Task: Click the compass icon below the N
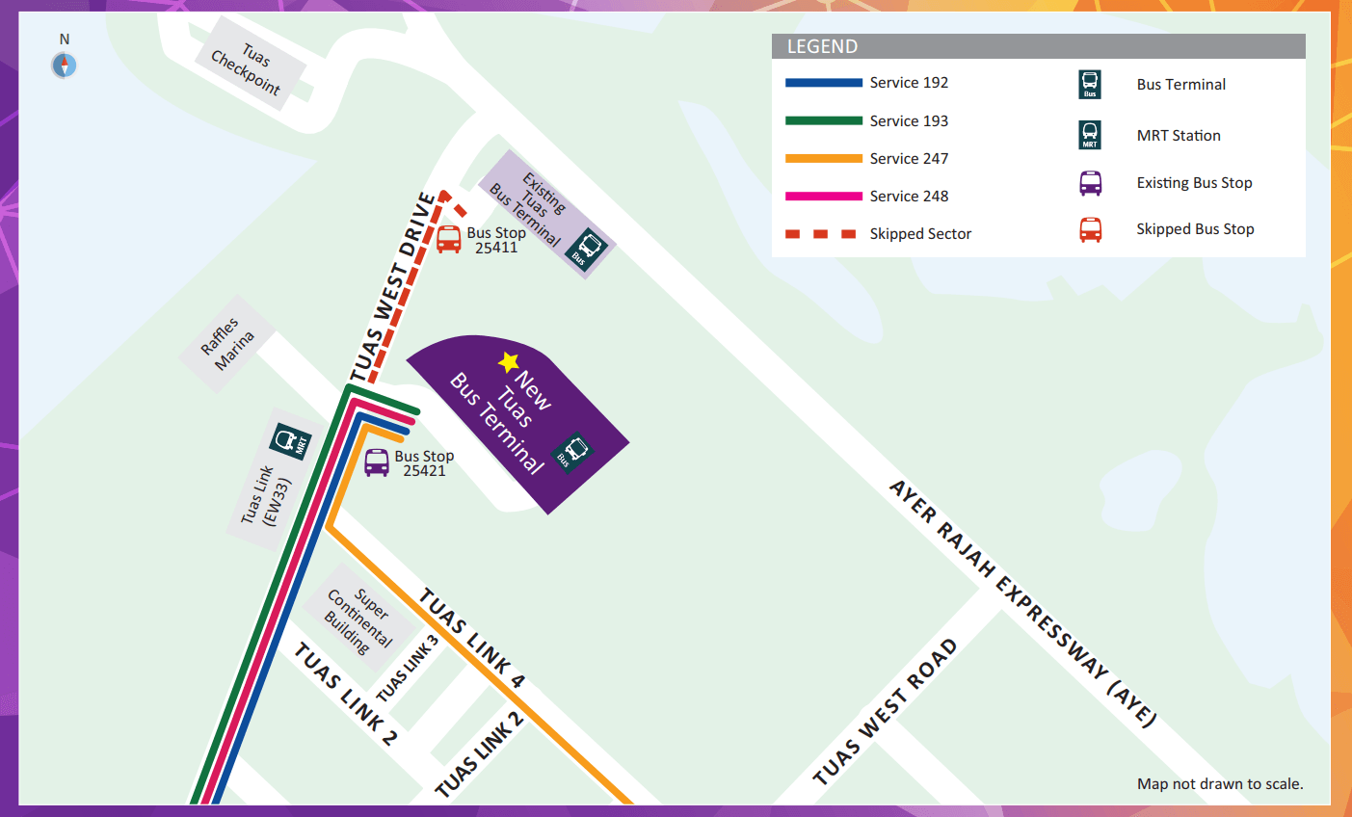pos(64,66)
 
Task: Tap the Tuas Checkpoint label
pos(248,69)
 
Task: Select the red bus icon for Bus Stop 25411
pos(448,239)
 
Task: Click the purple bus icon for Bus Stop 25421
pos(377,462)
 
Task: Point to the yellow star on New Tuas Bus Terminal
pos(509,362)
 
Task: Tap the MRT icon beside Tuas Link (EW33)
pos(289,441)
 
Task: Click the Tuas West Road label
pos(885,712)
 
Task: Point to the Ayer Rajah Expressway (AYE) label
pos(1021,602)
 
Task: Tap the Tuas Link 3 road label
pos(408,668)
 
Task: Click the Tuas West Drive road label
pos(392,287)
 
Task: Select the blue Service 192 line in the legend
pos(823,83)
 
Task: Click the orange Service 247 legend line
pos(823,158)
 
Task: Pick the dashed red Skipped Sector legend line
pos(821,234)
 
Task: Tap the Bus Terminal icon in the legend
pos(1090,85)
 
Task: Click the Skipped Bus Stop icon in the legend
pos(1090,229)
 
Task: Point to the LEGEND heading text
pos(822,46)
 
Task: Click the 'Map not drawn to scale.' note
pos(1219,783)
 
